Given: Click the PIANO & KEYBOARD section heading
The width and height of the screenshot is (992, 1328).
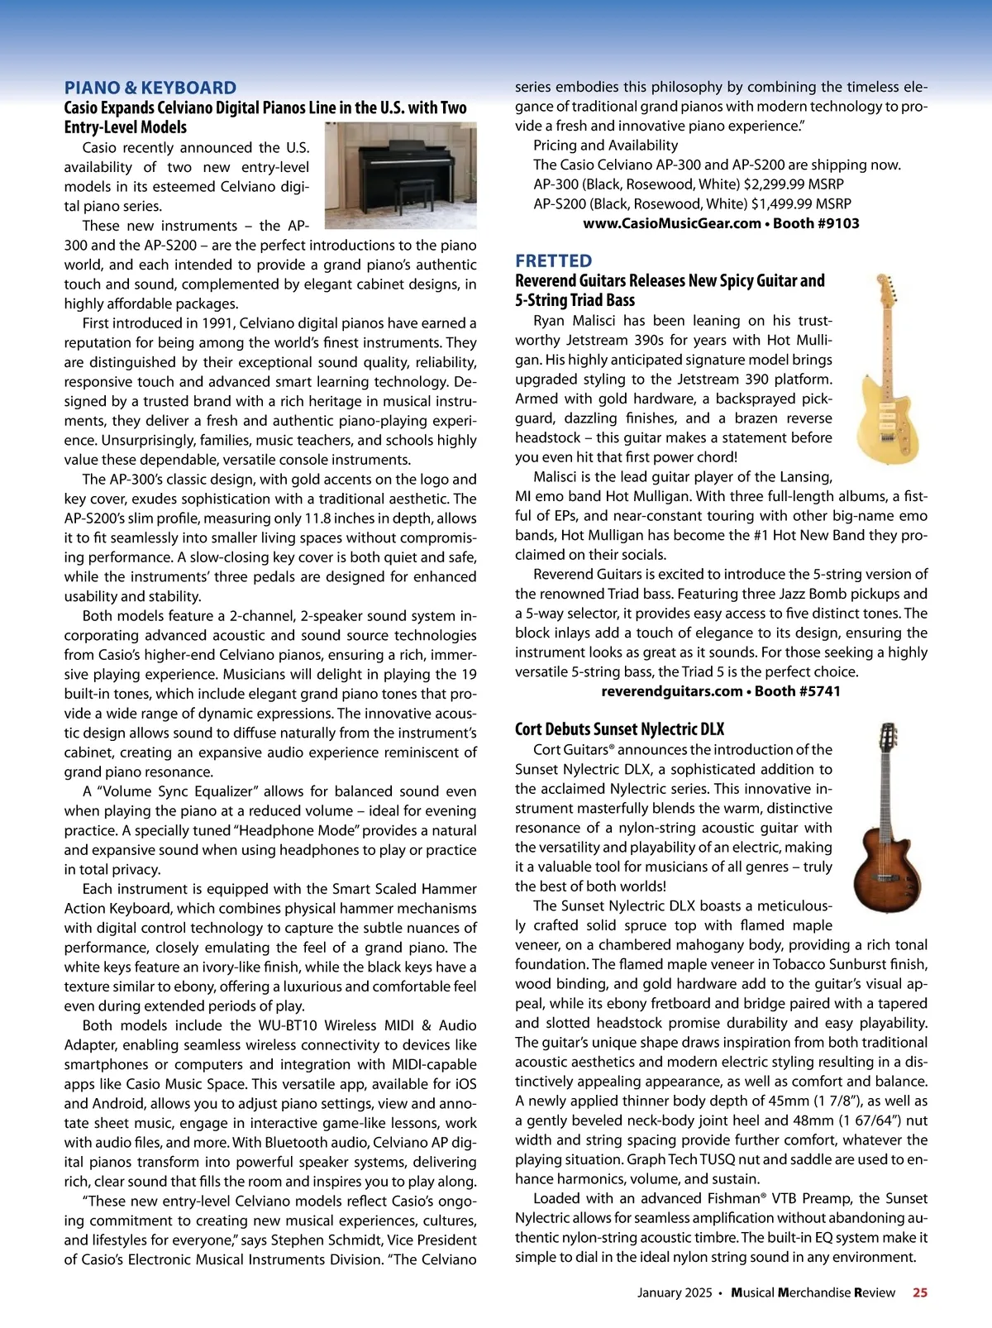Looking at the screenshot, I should [x=150, y=88].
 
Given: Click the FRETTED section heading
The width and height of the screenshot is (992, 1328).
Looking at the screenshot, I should [x=553, y=260].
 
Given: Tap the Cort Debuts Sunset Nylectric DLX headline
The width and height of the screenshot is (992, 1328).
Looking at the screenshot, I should [x=619, y=729].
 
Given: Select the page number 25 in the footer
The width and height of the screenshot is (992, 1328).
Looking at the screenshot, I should [x=919, y=1292].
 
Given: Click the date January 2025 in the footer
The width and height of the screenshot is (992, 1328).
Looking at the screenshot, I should [x=674, y=1292].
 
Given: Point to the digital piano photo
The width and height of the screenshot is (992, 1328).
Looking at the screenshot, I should [x=400, y=175].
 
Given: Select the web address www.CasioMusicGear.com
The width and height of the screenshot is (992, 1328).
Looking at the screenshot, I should [x=671, y=223].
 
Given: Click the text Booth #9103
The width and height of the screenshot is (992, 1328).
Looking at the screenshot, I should [x=816, y=223].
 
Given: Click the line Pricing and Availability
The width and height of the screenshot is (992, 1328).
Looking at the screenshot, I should [x=605, y=146].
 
